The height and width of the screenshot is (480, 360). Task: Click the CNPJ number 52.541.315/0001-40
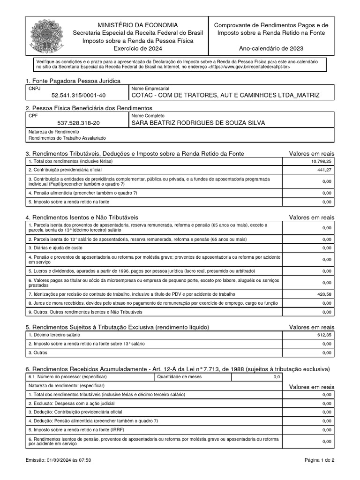(79, 95)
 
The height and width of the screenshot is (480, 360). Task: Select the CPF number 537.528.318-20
(78, 123)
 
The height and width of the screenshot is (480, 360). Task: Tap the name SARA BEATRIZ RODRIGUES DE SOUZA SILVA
(198, 123)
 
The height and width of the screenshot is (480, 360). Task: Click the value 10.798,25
(321, 161)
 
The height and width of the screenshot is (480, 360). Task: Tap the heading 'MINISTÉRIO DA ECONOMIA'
(137, 25)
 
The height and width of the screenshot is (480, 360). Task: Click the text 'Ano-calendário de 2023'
(271, 48)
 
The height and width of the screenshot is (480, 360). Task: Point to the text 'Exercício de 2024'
(137, 49)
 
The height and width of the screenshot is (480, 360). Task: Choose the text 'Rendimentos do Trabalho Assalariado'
(67, 138)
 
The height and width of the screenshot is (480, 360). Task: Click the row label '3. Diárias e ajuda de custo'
(55, 247)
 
